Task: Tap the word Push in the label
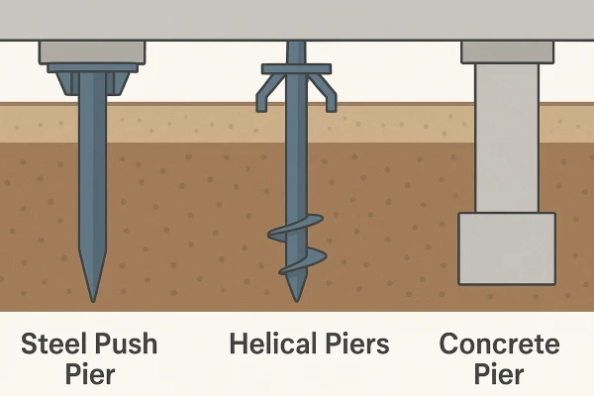tap(126, 345)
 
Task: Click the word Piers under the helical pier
tap(354, 345)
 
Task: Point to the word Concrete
tap(500, 345)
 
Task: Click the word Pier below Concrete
tap(500, 377)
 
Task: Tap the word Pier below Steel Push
tap(91, 377)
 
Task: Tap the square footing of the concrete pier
tap(506, 247)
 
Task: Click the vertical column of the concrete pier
tap(506, 139)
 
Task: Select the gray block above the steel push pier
tap(92, 50)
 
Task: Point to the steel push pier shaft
tap(92, 178)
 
